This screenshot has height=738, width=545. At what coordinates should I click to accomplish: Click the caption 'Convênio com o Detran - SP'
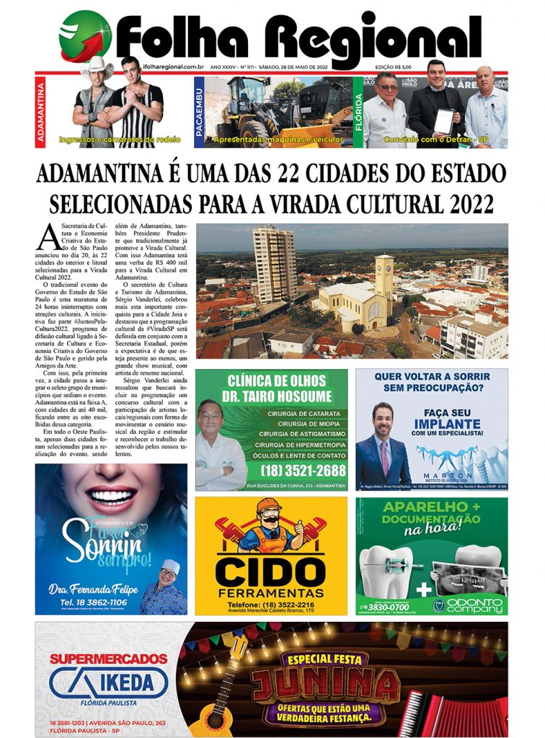[x=434, y=139]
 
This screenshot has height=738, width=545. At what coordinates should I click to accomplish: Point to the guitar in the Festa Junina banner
[x=216, y=703]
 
